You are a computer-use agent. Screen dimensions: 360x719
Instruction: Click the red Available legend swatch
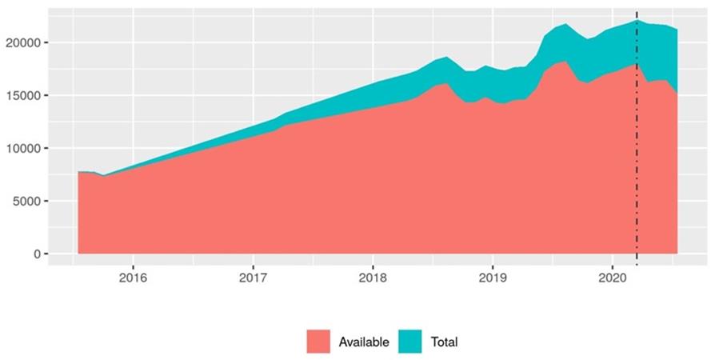click(318, 342)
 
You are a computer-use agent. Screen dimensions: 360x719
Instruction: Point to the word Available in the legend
click(364, 342)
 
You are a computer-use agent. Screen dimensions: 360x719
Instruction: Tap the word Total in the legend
click(444, 342)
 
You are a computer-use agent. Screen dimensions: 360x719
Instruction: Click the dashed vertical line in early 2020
click(637, 160)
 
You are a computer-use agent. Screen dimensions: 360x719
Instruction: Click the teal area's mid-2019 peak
click(565, 25)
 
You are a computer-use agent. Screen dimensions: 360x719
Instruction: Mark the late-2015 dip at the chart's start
click(103, 176)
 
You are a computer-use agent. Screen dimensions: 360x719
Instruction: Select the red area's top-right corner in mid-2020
click(677, 94)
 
